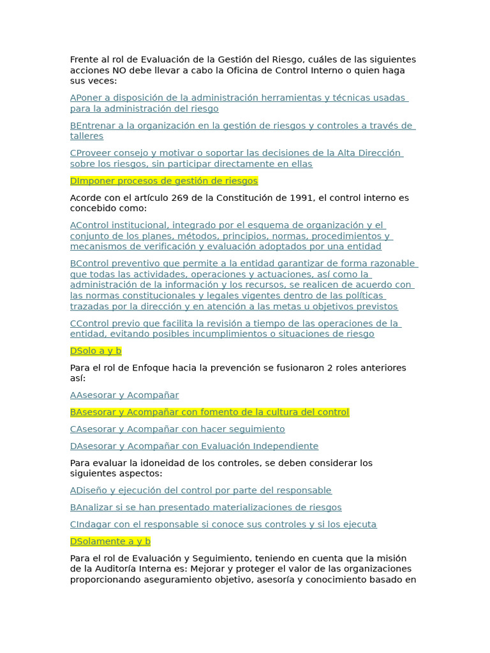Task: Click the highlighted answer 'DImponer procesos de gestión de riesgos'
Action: [x=164, y=181]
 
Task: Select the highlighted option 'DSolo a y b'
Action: [x=96, y=351]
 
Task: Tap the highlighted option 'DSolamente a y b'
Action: [x=110, y=541]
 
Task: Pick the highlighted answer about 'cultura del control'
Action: [x=209, y=412]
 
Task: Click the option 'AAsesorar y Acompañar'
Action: [x=124, y=395]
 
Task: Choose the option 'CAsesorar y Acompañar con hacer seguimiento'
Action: [x=177, y=429]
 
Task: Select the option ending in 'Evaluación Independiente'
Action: [x=194, y=446]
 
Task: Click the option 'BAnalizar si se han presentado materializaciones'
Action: [x=205, y=508]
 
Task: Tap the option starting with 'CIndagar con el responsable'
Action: [x=223, y=525]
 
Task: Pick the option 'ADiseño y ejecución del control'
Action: [x=201, y=490]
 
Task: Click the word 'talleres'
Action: [x=87, y=136]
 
